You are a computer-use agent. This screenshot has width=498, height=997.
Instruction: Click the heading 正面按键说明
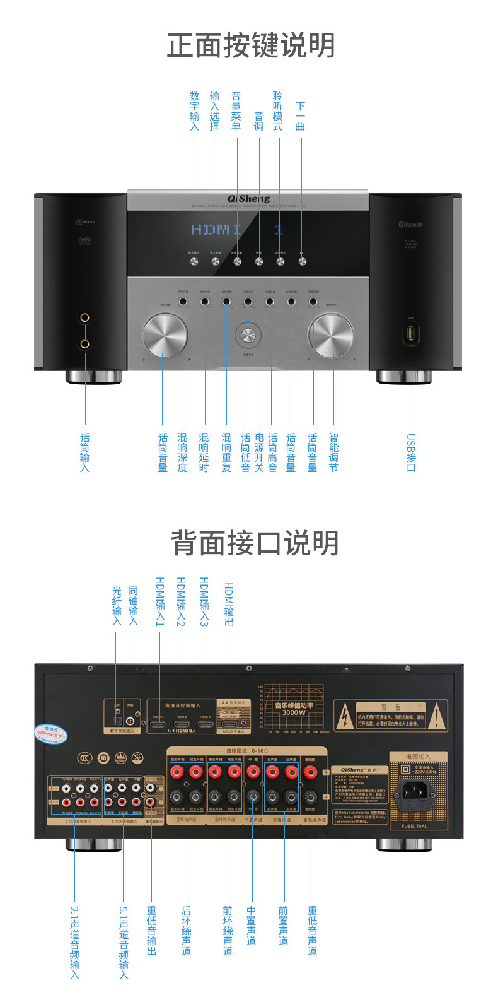(251, 46)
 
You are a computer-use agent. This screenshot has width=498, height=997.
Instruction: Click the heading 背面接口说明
(255, 543)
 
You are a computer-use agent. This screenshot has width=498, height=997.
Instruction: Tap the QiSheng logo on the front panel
(248, 199)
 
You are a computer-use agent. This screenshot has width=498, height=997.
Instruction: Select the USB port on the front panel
(411, 333)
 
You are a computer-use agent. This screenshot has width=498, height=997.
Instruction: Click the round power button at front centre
(248, 335)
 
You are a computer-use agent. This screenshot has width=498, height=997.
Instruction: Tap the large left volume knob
(165, 334)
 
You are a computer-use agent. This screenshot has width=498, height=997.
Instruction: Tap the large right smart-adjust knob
(331, 334)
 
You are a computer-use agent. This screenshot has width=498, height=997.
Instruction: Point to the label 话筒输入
(84, 452)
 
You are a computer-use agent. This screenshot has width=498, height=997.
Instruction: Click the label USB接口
(410, 452)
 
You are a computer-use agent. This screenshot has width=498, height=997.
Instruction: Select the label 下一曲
(301, 116)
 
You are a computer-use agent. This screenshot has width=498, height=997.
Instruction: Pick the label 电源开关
(259, 452)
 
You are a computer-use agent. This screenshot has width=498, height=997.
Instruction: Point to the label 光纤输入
(116, 606)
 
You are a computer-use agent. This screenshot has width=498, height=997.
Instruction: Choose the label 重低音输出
(151, 931)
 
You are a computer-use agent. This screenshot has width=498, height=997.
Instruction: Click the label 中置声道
(252, 926)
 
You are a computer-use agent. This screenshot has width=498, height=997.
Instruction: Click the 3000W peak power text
(294, 712)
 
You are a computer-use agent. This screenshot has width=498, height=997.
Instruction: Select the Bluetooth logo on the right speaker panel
(410, 225)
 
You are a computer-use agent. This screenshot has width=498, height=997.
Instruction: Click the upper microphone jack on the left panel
(84, 319)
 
